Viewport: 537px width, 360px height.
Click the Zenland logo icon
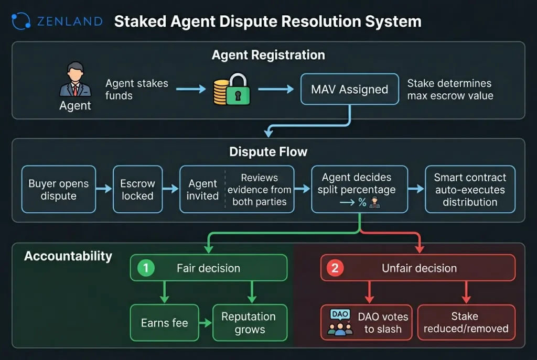(20, 21)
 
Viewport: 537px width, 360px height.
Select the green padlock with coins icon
(231, 90)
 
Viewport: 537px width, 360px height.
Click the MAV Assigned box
(349, 89)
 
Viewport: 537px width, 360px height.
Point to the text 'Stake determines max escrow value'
(449, 89)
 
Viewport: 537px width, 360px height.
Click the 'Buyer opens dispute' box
(59, 189)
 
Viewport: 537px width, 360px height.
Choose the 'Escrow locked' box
(137, 189)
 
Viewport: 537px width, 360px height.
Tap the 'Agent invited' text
(202, 189)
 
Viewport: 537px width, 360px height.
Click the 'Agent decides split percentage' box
(359, 189)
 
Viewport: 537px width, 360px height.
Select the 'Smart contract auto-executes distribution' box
(470, 189)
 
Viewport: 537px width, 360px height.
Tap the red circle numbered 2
(335, 268)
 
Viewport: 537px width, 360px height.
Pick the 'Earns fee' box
(164, 323)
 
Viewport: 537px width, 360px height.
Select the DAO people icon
(339, 323)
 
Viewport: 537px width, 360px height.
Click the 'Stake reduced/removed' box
(466, 323)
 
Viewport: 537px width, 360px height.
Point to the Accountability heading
(68, 256)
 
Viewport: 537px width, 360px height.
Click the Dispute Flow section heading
(268, 152)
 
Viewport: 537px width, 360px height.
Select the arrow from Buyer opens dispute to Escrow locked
(104, 189)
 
